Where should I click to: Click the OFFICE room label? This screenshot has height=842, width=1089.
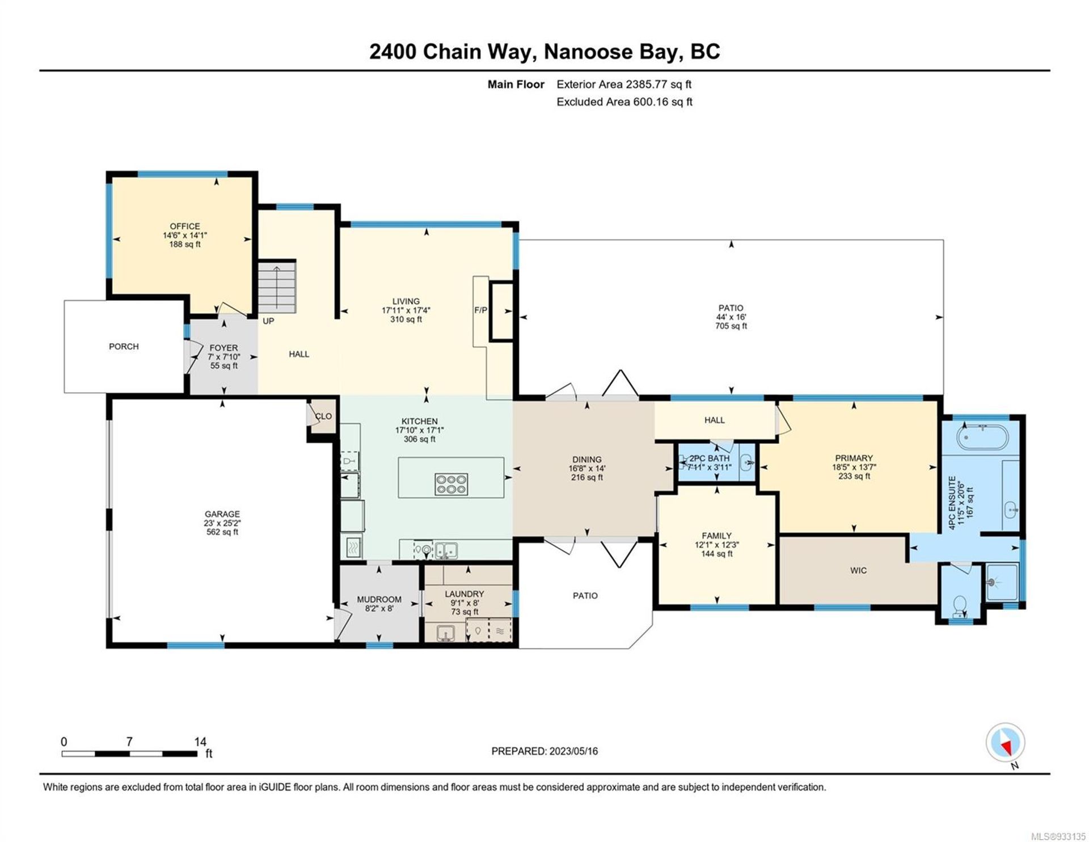[x=185, y=226]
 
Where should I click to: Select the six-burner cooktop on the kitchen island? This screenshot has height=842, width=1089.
[x=451, y=483]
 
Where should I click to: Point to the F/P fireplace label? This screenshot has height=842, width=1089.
[x=480, y=310]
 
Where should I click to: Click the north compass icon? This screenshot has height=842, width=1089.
[x=1005, y=743]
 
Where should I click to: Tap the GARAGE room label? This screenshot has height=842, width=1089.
[x=222, y=514]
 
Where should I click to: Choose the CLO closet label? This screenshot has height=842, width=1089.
[x=323, y=416]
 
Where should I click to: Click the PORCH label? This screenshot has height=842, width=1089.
[x=124, y=346]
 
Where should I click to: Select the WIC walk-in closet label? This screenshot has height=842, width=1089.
[x=858, y=570]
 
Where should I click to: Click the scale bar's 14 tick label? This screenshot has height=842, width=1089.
[x=200, y=742]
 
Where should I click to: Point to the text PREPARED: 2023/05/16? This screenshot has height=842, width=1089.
[x=544, y=751]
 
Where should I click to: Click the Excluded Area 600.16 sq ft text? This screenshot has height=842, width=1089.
[x=624, y=102]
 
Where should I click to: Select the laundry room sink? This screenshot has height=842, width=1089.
[x=446, y=631]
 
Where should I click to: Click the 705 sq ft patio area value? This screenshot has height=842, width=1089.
[x=731, y=326]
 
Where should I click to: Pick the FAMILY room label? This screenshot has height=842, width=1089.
[x=717, y=536]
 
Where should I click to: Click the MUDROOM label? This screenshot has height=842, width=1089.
[x=379, y=599]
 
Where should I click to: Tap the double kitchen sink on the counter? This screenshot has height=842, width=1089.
[x=446, y=550]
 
